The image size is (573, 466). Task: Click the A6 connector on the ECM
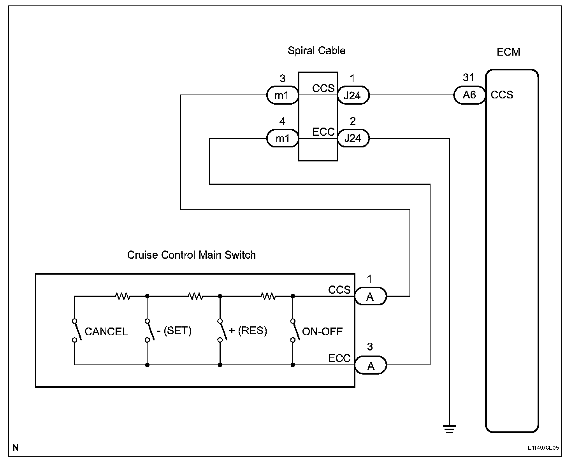469,95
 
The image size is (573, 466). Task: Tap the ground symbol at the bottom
449,429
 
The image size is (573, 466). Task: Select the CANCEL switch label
106,332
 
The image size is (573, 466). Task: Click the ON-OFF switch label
322,331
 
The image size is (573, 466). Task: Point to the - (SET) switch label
174,331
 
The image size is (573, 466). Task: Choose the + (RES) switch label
248,331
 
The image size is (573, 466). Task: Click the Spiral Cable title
316,51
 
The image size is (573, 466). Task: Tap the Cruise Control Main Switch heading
192,255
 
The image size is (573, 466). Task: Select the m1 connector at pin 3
282,95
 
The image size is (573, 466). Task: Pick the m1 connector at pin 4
282,138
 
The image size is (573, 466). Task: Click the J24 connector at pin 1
353,95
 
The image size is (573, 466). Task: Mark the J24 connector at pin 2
353,138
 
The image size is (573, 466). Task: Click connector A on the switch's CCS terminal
370,297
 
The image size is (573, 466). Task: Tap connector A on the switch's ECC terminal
370,366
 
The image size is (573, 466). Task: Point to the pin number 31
469,78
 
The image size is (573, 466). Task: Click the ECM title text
508,52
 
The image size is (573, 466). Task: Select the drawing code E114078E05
543,448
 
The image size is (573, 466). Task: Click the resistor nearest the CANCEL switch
123,296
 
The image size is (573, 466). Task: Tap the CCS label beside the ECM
502,95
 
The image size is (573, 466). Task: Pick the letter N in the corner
16,448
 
